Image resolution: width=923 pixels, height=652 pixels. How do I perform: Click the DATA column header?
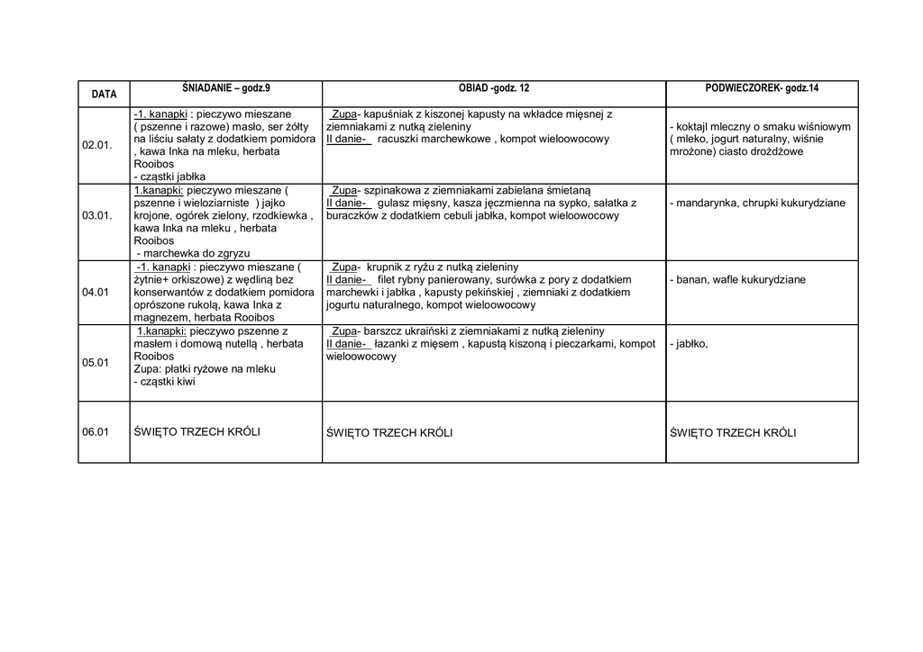(x=104, y=95)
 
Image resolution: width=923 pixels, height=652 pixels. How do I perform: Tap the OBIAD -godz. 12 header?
(x=494, y=88)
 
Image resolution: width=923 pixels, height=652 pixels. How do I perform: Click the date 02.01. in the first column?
(x=97, y=146)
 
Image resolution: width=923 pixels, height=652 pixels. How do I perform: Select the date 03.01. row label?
(x=97, y=216)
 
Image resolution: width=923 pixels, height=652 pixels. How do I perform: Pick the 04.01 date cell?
(x=96, y=293)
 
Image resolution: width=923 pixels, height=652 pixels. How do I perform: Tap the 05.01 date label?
(x=96, y=363)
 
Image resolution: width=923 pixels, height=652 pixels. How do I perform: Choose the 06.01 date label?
(x=96, y=432)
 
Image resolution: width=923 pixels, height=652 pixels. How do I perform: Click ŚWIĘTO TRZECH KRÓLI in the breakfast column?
(x=196, y=432)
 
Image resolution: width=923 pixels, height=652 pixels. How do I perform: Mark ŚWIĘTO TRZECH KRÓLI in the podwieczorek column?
(x=733, y=432)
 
